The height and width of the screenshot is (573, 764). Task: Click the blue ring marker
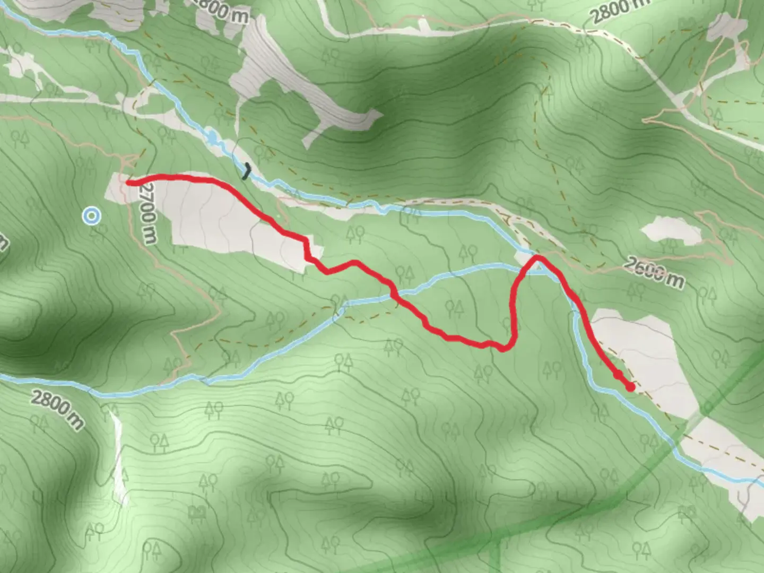(x=92, y=216)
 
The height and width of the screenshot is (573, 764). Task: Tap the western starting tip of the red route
(x=128, y=183)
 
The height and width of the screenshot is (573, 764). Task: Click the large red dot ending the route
(x=630, y=387)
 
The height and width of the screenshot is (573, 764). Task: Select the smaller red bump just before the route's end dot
(x=618, y=375)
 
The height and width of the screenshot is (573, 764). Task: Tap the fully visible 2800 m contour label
(x=57, y=409)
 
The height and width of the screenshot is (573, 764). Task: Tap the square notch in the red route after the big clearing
(x=307, y=249)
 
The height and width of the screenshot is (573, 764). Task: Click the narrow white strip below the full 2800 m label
(x=119, y=456)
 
